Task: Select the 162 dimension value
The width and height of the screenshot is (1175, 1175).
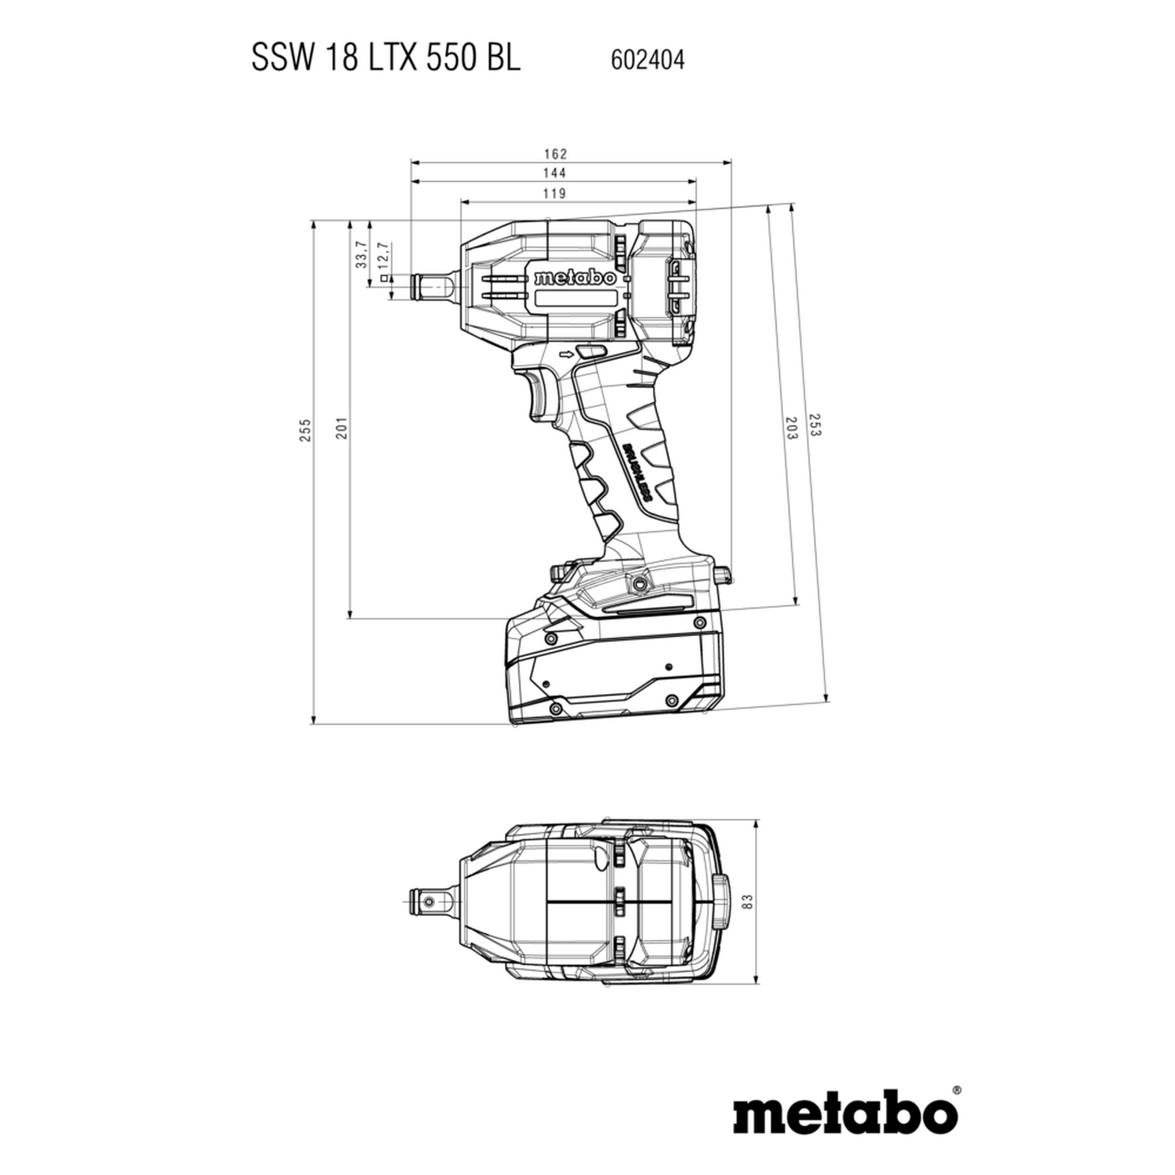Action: point(555,153)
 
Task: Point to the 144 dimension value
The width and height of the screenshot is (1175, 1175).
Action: point(555,173)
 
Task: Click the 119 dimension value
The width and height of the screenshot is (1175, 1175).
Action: point(555,193)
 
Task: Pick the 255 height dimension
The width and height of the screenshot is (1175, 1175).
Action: point(305,430)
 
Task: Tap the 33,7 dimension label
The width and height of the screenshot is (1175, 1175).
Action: point(362,255)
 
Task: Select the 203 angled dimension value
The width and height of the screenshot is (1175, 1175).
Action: point(791,428)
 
